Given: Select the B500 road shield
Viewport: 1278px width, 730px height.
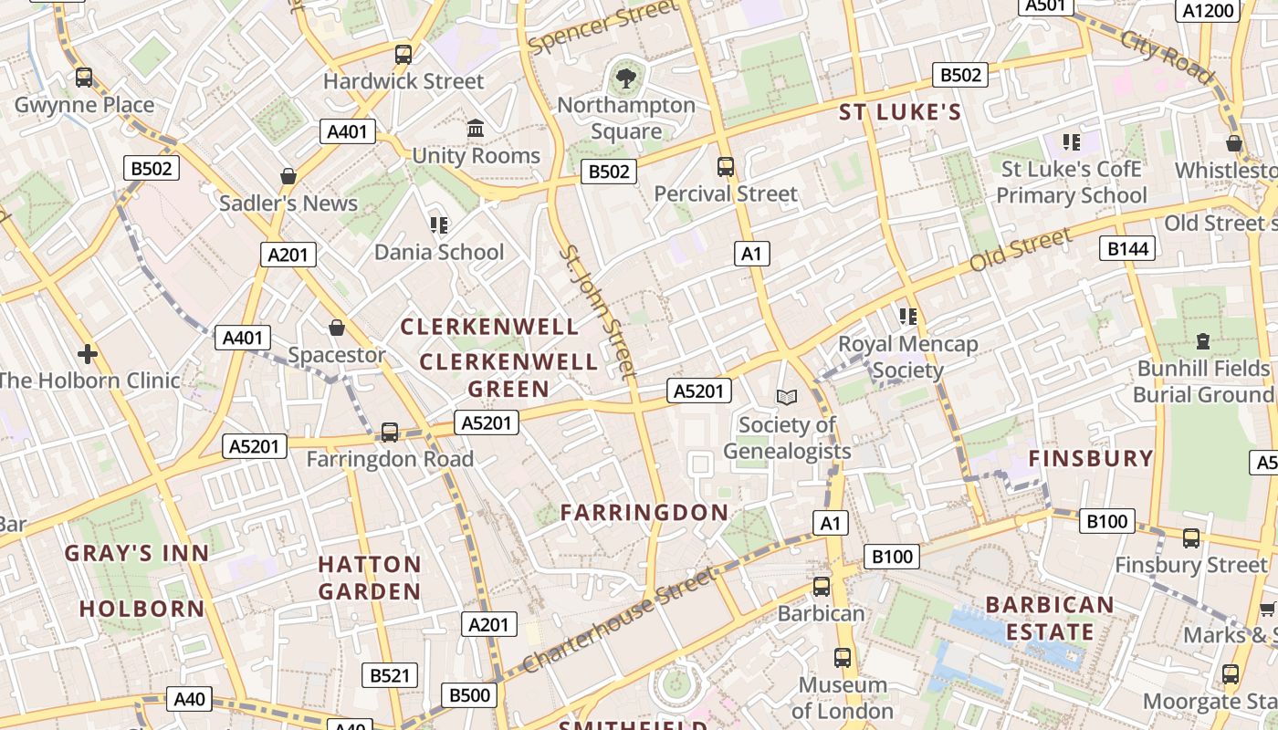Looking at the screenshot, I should point(470,695).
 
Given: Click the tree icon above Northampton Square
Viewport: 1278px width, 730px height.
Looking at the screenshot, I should point(626,77).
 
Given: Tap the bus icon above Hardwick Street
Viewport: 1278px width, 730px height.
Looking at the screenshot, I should point(403,55).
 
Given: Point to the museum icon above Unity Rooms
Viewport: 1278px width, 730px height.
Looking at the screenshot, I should point(476,129).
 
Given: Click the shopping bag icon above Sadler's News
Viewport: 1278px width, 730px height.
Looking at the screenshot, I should point(288,176).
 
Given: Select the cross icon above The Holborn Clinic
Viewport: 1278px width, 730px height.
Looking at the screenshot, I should point(88,353).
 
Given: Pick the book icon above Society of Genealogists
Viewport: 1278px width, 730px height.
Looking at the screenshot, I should point(786,397).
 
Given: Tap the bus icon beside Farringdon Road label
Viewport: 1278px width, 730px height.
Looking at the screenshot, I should point(390,432).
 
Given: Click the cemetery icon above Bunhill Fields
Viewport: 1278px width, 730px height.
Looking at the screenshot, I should point(1203,341).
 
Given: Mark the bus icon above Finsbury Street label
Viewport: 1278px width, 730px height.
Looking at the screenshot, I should point(1191,538).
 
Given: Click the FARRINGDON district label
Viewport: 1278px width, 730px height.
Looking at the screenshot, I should point(644,513).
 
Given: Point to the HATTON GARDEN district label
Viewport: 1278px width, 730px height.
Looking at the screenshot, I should point(370,578).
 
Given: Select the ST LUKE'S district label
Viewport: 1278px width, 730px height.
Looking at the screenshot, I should point(900,112).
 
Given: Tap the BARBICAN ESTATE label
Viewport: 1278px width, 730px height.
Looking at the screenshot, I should point(1050,618).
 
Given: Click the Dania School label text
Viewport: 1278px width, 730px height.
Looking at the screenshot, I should point(439,252).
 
